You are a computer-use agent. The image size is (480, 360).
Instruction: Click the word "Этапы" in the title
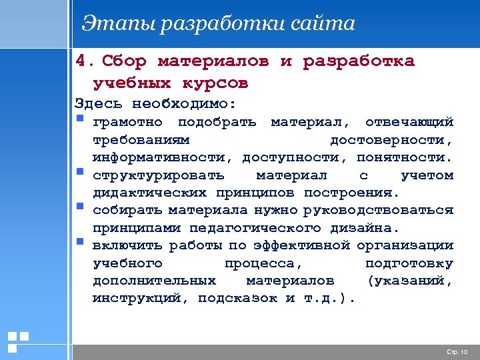[x=111, y=24]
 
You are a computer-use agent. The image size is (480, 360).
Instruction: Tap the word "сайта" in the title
[x=323, y=24]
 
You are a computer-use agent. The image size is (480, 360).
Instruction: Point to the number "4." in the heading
[x=85, y=61]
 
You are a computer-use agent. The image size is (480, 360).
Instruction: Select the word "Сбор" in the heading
[x=124, y=61]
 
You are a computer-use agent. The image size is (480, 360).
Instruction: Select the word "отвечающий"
[x=409, y=122]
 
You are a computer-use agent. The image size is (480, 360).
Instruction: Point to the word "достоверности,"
[x=391, y=140]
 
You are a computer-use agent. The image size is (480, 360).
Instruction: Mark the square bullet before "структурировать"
[x=80, y=173]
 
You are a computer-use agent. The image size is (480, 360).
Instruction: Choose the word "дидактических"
[x=151, y=193]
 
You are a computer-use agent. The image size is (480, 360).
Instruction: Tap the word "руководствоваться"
[x=378, y=211]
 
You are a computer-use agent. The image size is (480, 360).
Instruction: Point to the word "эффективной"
[x=297, y=245]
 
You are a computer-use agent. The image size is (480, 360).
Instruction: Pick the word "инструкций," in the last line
[x=141, y=298]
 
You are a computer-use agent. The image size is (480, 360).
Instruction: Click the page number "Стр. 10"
[x=457, y=351]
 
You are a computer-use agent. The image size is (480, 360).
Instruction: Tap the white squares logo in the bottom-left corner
[x=17, y=341]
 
